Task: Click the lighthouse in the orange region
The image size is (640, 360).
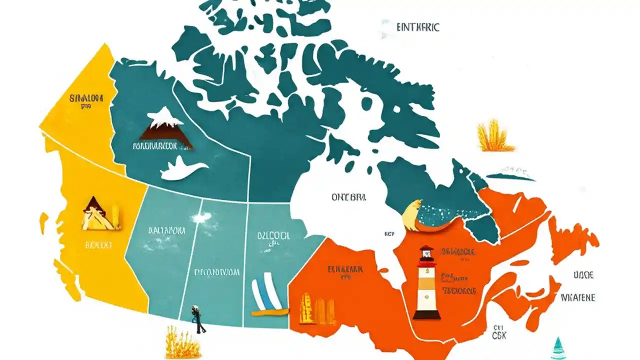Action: click(426, 282)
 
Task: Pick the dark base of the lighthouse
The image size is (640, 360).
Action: click(426, 314)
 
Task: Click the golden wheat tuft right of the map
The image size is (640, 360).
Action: click(494, 136)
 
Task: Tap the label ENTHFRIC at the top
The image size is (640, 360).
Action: click(417, 27)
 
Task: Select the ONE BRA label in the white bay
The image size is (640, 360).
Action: click(348, 197)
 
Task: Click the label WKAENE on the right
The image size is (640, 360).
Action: click(578, 297)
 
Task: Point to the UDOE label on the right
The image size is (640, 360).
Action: click(583, 275)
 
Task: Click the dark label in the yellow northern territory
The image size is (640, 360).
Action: click(86, 97)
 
